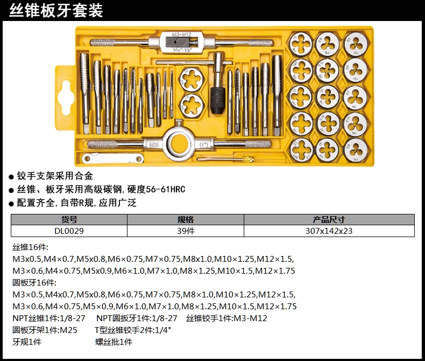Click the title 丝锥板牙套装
(x=56, y=11)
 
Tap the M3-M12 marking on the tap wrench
(x=182, y=34)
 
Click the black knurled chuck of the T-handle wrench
(x=218, y=100)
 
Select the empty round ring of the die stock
(x=178, y=143)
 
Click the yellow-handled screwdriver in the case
(x=225, y=158)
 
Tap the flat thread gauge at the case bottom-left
(x=112, y=158)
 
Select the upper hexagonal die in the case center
(x=191, y=79)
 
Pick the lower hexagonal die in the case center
(x=191, y=105)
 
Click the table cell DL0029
(x=69, y=231)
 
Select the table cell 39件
(x=186, y=231)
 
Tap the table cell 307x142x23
(x=329, y=231)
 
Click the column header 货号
(x=69, y=220)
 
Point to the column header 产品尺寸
(x=329, y=220)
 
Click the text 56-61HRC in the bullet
(x=165, y=189)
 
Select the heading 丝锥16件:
(x=30, y=247)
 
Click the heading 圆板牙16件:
(x=34, y=282)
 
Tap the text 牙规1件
(x=27, y=342)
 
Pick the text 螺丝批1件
(x=114, y=342)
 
